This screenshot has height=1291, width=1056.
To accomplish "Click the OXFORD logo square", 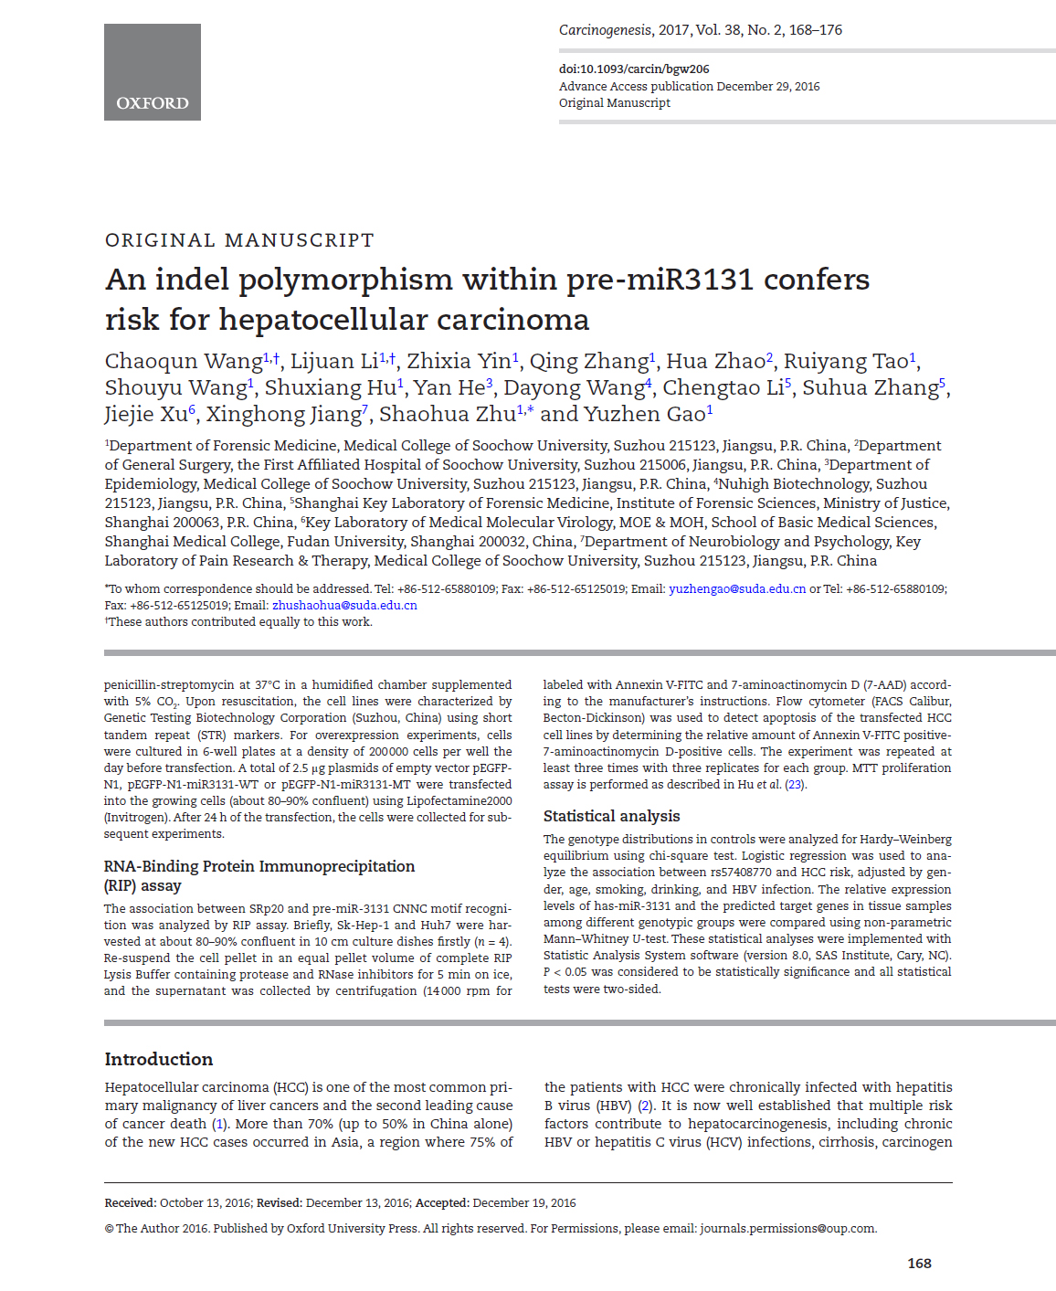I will pos(152,72).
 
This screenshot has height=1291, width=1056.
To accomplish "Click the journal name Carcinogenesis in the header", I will pos(605,30).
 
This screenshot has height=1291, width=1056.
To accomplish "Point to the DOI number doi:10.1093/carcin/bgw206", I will pos(634,69).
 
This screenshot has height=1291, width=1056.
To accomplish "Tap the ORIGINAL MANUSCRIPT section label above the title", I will pos(239,240).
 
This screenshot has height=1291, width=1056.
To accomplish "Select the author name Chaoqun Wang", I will pos(184,362).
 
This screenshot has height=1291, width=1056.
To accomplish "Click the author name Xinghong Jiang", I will pos(283,415).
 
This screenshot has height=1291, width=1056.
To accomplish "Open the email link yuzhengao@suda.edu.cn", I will pos(737,589).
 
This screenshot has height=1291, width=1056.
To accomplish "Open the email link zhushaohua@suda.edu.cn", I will pos(344,605).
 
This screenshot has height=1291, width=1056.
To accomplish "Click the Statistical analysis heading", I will pos(611,816).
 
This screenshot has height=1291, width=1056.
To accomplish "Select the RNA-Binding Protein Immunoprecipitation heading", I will pos(259,866).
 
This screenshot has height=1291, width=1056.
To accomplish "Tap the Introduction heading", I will pos(159,1059).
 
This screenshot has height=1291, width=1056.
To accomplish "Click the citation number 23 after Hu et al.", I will pos(795,784).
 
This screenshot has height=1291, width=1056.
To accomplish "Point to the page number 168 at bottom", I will pos(919,1263).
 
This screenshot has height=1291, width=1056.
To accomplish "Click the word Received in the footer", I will pos(130,1202).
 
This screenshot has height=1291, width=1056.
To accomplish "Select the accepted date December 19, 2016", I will pos(524,1202).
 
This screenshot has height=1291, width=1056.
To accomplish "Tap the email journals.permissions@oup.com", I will pos(787,1228).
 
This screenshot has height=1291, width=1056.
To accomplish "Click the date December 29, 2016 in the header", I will pos(768,86).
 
